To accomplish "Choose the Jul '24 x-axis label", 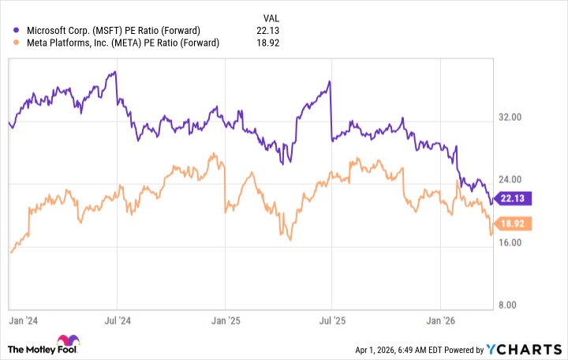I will (x=118, y=321).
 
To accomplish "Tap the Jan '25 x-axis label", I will (x=226, y=321).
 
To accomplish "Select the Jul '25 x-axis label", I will (x=331, y=321).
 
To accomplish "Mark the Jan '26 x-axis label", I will (x=439, y=321).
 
